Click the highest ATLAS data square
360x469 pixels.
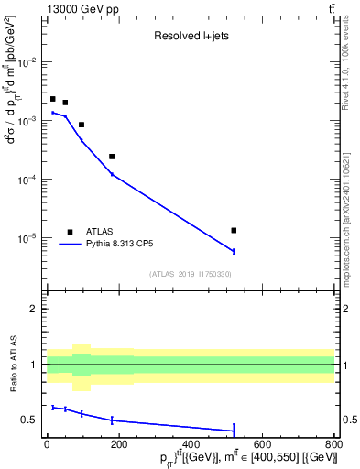tap(53, 99)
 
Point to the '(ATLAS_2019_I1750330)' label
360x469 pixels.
tap(191, 274)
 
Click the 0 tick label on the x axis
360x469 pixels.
tap(47, 445)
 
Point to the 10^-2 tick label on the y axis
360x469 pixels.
tap(29, 62)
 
